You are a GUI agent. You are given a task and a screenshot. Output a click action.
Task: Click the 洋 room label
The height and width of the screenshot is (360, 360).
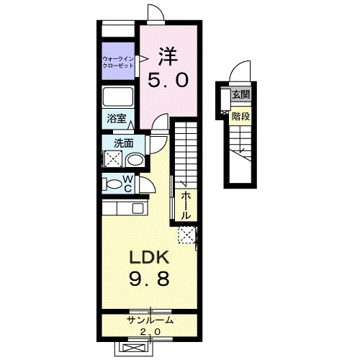[x=168, y=57]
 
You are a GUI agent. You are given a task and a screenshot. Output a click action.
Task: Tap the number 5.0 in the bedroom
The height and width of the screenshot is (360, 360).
[x=168, y=80]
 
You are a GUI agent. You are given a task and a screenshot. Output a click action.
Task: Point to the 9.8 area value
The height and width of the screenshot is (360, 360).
[x=149, y=279]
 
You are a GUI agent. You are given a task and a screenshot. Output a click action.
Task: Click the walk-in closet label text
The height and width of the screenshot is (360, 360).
[x=118, y=63]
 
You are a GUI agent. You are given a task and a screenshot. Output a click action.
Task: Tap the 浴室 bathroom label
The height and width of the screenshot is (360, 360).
[x=117, y=119]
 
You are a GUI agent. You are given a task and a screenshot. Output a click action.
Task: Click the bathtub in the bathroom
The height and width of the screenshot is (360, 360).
[x=117, y=96]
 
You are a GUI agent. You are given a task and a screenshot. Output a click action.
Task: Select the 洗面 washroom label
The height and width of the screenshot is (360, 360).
[x=124, y=143]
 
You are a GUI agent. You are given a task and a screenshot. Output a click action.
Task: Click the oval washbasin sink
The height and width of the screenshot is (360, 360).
[x=135, y=160]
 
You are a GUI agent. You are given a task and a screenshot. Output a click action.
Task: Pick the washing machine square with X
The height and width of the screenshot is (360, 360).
[x=112, y=158]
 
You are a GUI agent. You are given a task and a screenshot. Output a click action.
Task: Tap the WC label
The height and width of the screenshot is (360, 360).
[x=127, y=184]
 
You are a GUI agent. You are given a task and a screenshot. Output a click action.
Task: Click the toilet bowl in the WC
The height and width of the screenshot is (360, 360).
[x=114, y=184]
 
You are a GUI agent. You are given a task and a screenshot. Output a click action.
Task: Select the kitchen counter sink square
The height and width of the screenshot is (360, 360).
[x=138, y=208]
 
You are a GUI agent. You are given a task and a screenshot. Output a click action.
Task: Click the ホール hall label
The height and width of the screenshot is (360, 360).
[x=186, y=206]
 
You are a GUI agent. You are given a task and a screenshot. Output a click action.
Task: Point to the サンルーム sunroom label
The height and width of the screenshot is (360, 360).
[x=150, y=320]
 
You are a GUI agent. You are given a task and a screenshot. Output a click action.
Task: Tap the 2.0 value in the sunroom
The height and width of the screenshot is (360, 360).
[x=150, y=332]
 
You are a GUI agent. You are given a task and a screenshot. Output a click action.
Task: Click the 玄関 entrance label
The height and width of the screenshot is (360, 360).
[x=240, y=95]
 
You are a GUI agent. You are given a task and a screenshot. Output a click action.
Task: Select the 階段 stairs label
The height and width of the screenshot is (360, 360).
[x=240, y=117]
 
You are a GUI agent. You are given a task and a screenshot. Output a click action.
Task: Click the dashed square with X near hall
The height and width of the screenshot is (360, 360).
[x=187, y=235]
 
